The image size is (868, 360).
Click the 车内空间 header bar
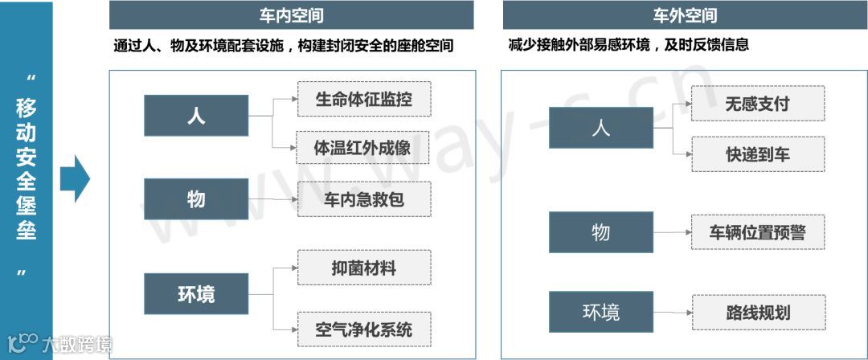(x=291, y=15)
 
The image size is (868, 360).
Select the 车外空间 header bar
(x=684, y=15)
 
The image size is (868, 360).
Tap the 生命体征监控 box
(x=364, y=100)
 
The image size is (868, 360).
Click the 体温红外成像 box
(x=364, y=149)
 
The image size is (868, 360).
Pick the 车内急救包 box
(x=364, y=200)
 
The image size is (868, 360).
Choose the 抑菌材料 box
(x=364, y=268)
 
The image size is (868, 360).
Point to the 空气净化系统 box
(x=364, y=329)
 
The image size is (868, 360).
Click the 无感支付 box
(x=757, y=104)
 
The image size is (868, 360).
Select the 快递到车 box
(x=757, y=154)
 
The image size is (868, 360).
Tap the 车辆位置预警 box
(x=757, y=233)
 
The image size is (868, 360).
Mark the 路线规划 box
(x=757, y=312)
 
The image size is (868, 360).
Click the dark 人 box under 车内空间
(x=196, y=116)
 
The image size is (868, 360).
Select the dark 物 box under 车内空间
(x=196, y=198)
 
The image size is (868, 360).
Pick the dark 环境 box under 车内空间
(x=196, y=294)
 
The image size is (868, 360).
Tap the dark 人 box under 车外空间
(x=600, y=128)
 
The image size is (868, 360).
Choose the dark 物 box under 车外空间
(x=600, y=233)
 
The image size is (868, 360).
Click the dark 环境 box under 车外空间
(x=600, y=313)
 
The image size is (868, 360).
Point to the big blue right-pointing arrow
(x=76, y=178)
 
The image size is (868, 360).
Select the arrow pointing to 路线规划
(x=672, y=312)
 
